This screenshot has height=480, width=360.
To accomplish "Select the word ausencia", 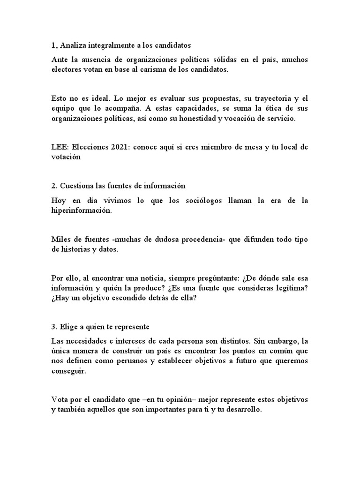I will (99, 60).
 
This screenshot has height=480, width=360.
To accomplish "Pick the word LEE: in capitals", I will (60, 147).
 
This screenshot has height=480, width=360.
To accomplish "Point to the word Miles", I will (60, 240).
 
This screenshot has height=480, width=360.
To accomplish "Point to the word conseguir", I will (68, 371).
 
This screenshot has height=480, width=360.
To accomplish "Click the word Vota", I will (59, 400).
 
